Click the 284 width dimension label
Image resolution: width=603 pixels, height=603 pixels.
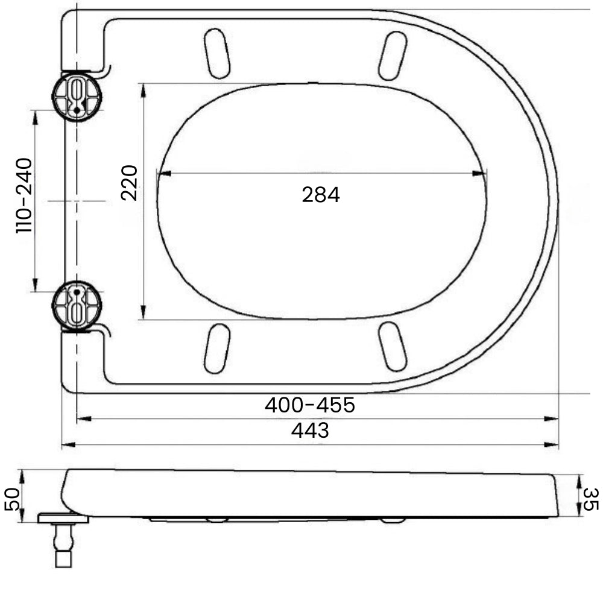coord(321,195)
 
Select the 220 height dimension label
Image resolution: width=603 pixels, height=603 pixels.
coord(130,182)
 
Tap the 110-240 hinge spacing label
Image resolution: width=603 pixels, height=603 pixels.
coord(24,195)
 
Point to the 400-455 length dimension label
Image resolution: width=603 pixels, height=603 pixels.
coord(309,405)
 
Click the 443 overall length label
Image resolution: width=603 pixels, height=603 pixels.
coord(310,431)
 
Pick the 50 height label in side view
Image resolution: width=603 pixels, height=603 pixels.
coord(13,499)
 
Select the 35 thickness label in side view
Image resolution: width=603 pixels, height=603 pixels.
coord(590,499)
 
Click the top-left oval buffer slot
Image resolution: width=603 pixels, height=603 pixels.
coord(217,54)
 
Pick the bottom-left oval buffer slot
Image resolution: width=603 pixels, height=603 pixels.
coord(217,348)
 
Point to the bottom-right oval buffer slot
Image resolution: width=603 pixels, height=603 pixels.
coord(393,346)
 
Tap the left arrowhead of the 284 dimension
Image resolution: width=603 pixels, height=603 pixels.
coord(163,174)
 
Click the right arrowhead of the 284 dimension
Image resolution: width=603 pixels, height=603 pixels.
coord(479,174)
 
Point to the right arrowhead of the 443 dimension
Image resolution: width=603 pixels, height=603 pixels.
coord(551,445)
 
